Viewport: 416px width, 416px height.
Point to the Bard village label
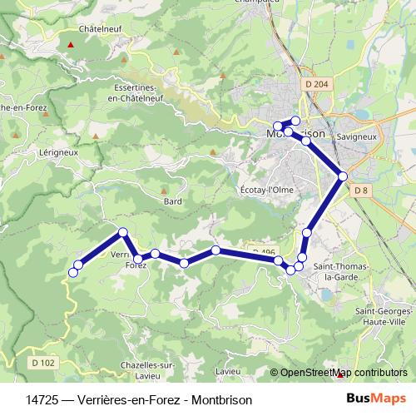pos(172,201)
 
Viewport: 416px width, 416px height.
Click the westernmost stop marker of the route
pos(73,272)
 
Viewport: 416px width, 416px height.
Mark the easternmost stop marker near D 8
pos(343,176)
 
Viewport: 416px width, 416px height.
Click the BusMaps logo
pos(376,399)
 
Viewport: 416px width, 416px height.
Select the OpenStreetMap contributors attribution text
pos(340,373)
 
